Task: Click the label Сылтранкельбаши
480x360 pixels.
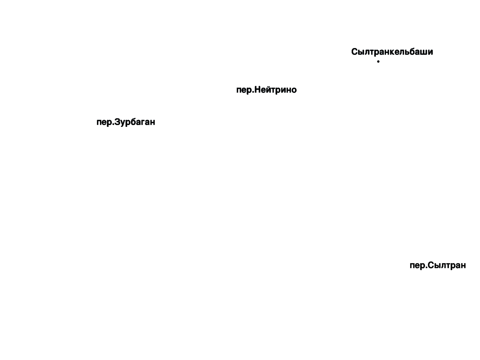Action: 392,52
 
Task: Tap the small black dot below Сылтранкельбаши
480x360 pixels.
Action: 378,61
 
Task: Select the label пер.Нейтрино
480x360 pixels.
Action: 266,90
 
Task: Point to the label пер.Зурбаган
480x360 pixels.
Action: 126,122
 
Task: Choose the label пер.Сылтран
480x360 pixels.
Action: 438,265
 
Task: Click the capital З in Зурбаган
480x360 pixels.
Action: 117,122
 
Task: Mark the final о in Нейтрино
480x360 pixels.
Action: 294,91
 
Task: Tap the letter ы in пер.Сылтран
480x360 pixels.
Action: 438,266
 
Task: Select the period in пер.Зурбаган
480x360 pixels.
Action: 113,125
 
